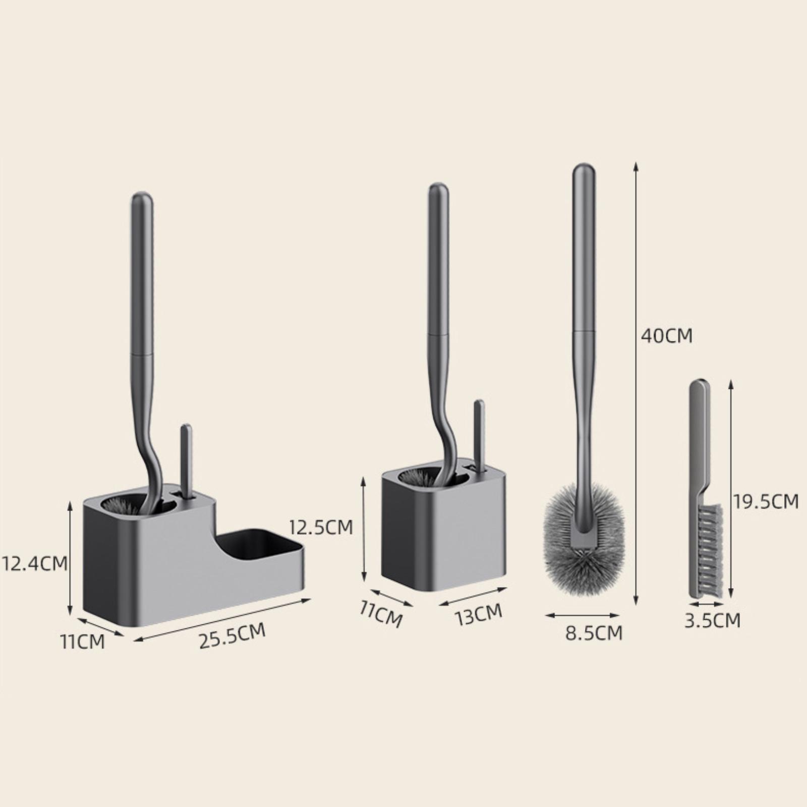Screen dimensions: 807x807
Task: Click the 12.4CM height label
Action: click(34, 563)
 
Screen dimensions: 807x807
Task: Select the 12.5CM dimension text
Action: click(321, 527)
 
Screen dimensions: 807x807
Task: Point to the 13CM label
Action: click(478, 614)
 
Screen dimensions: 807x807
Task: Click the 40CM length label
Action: click(667, 336)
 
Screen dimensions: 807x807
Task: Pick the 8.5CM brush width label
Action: click(594, 632)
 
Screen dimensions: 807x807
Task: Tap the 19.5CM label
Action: click(766, 501)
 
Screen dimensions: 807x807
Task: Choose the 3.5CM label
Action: click(712, 620)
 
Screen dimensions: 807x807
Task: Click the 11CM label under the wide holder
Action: click(82, 642)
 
